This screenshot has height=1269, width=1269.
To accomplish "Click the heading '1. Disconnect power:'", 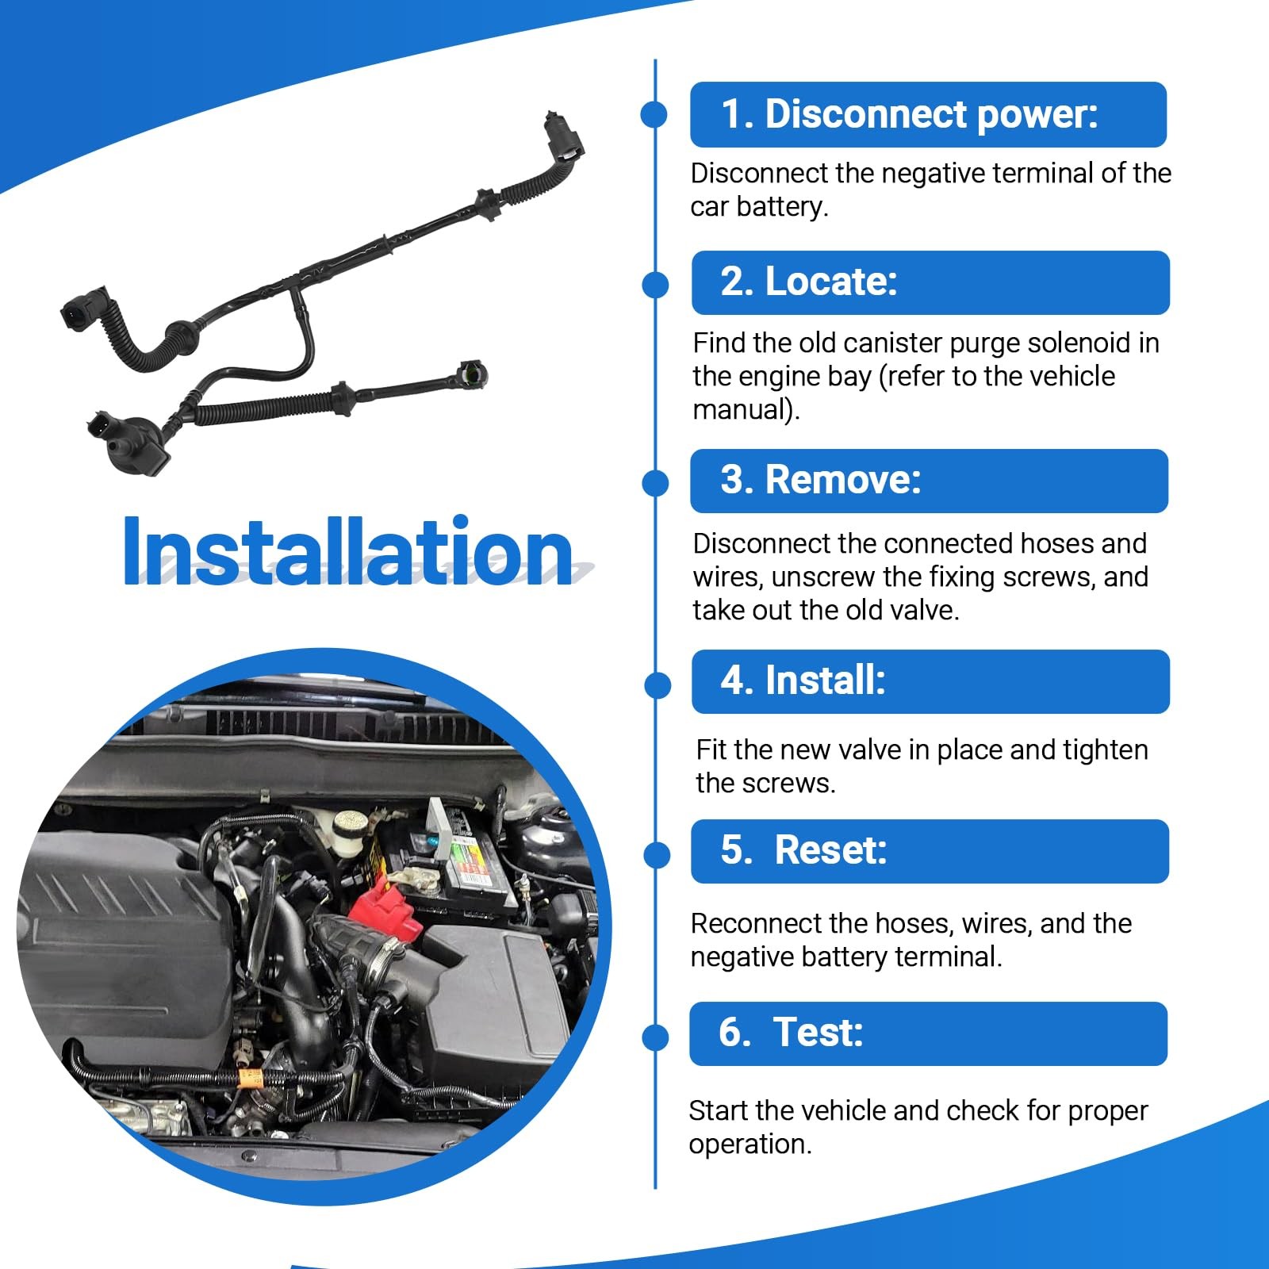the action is pyautogui.click(x=910, y=114).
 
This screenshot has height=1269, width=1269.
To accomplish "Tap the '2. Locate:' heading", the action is pyautogui.click(x=809, y=282).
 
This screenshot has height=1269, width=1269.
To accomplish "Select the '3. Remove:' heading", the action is pyautogui.click(x=821, y=480).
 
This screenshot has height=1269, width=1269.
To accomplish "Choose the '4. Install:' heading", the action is pyautogui.click(x=803, y=681).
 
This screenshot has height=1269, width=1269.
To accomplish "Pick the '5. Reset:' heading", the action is pyautogui.click(x=803, y=850).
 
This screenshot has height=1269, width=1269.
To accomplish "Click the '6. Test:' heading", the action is pyautogui.click(x=791, y=1033).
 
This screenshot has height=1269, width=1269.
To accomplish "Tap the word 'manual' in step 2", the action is pyautogui.click(x=742, y=409).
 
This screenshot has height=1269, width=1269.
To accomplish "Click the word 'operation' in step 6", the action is pyautogui.click(x=746, y=1145).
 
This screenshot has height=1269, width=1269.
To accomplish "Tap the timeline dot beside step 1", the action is pyautogui.click(x=654, y=114).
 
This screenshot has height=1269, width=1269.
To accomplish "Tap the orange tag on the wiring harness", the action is pyautogui.click(x=251, y=1079).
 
